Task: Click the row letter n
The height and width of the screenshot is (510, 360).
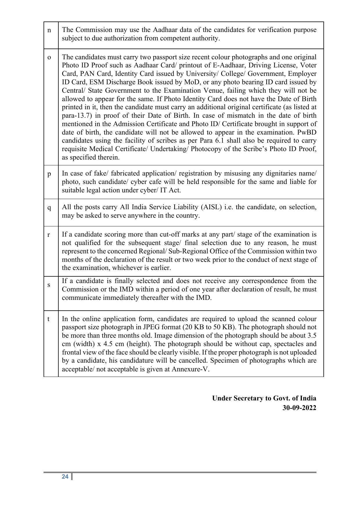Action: pos(49,30)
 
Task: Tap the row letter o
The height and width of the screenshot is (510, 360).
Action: pos(49,57)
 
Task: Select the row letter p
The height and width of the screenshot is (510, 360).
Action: pos(49,174)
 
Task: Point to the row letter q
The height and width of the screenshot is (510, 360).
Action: pos(49,208)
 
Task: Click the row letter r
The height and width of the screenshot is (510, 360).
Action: pos(49,235)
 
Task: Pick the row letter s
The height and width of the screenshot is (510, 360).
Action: pos(49,285)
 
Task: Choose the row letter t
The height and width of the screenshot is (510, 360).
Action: pos(49,319)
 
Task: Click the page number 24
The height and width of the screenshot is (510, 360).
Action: pos(65,477)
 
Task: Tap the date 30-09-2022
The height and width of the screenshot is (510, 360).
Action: pos(299,408)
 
